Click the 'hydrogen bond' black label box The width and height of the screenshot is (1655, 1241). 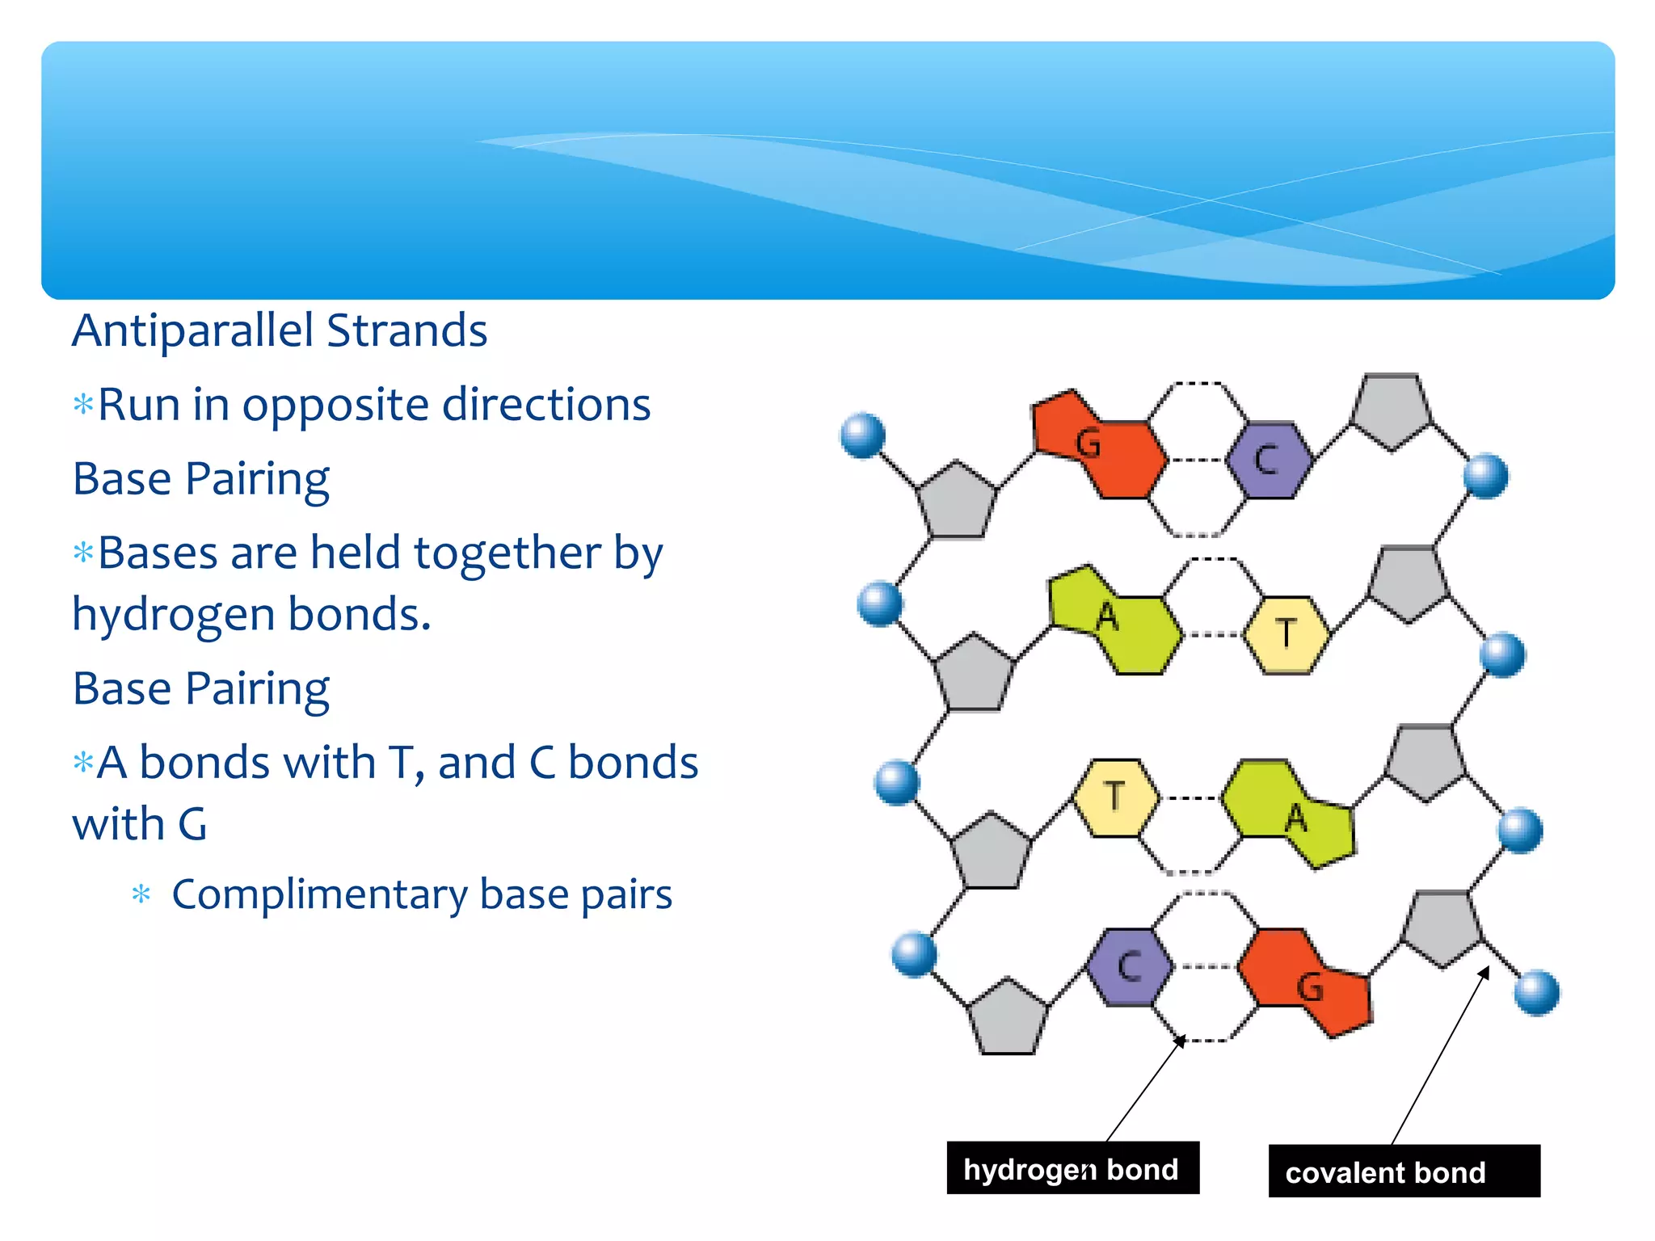coord(1072,1168)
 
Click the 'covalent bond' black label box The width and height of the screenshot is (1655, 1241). coord(1404,1172)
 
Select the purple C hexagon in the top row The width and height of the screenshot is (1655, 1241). coord(1266,460)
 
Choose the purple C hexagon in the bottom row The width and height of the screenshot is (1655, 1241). coord(1129,965)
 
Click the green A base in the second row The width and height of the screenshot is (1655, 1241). coord(1115,620)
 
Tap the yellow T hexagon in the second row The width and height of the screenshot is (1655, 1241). coord(1286,634)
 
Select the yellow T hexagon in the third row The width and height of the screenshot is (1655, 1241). coord(1115,797)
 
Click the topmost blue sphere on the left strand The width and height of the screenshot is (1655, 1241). coord(863,435)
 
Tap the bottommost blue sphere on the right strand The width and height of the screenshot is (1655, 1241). coord(1536,992)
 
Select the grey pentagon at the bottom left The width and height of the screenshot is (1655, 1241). coord(1007,1019)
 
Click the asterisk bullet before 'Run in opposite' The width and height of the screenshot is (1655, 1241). coord(83,403)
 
